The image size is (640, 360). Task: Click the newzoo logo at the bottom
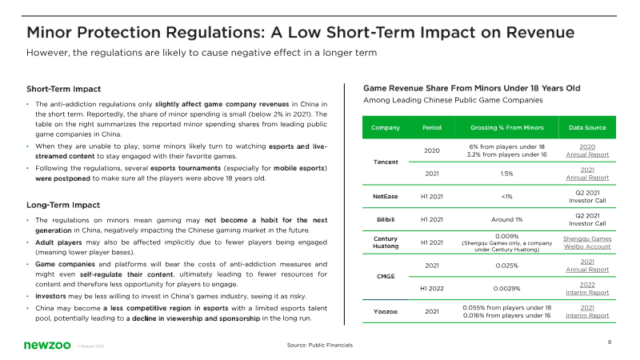coord(47,346)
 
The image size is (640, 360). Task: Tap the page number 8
coord(610,342)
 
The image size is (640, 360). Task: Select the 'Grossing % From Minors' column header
coord(506,128)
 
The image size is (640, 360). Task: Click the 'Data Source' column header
coord(587,128)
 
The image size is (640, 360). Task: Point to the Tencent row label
coord(386,162)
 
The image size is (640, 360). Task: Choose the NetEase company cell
coord(386,196)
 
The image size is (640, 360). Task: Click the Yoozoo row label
coord(386,311)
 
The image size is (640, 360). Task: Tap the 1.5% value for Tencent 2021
coord(506,174)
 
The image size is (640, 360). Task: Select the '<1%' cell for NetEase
coord(506,196)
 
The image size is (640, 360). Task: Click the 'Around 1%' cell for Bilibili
coord(506,219)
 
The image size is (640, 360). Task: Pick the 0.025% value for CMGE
coord(506,266)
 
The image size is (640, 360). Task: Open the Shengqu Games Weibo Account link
coord(587,242)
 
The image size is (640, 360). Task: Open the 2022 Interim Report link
coord(587,289)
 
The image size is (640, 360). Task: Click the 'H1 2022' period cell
coord(432,289)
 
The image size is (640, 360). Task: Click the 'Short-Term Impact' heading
coord(64,89)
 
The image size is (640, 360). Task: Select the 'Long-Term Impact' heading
coord(63,205)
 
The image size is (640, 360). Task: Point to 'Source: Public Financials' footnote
coord(319,345)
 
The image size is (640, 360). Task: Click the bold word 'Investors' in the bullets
coord(50,296)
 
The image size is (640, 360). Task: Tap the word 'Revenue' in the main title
coord(540,32)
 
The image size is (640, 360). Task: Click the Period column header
coord(432,128)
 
